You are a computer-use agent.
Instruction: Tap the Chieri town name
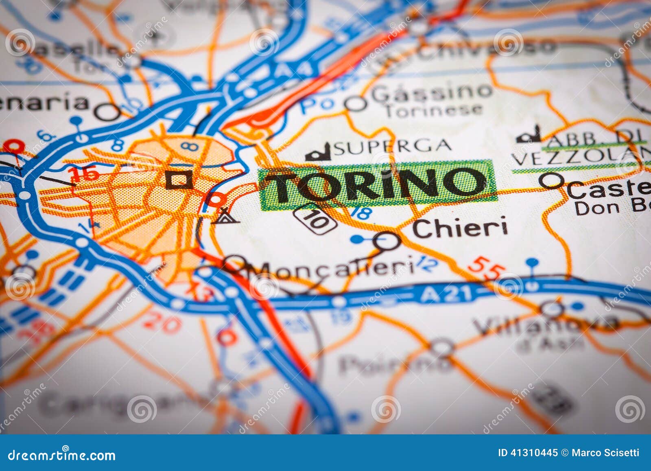pos(460,228)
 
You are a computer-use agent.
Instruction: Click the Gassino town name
pos(431,93)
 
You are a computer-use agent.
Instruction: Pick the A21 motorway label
pos(446,294)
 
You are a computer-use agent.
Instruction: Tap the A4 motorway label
pos(293,70)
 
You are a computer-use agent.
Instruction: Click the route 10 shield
pos(315,219)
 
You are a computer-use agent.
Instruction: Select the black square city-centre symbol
pos(179,179)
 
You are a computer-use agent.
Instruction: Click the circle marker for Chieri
pos(387,241)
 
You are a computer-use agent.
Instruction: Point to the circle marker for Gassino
pos(356,104)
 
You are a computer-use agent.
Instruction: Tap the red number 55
pos(486,269)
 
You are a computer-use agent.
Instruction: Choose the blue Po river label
pos(312,105)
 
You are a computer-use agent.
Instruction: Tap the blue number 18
pos(362,212)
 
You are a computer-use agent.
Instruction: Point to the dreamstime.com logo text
pos(62,455)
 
